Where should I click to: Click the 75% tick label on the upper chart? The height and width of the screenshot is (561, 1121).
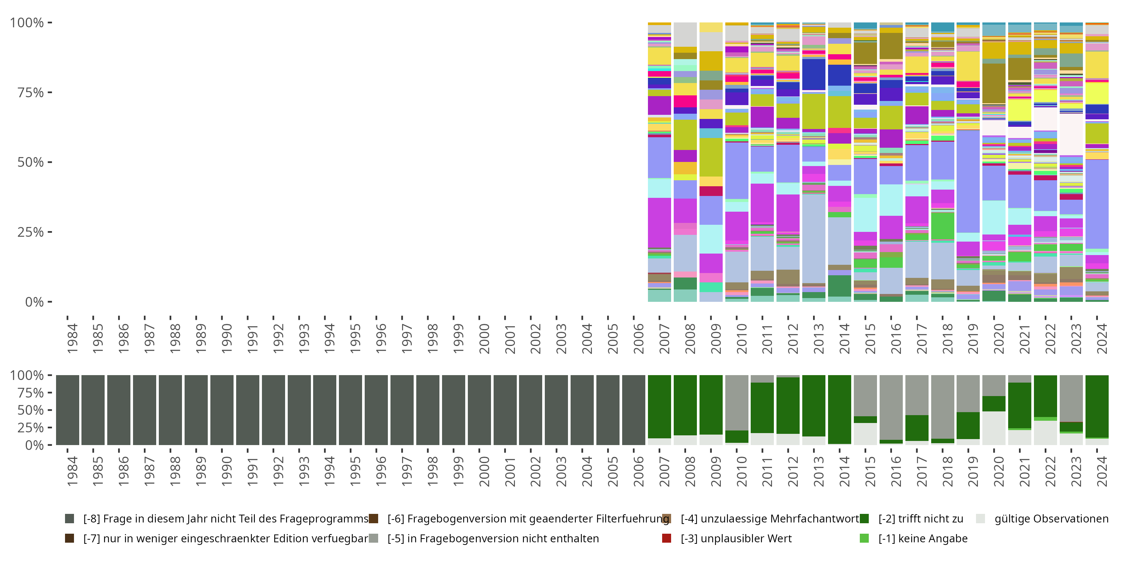(30, 92)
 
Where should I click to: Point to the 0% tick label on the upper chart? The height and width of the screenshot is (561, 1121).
(34, 302)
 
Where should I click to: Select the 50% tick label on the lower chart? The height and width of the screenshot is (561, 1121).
(30, 410)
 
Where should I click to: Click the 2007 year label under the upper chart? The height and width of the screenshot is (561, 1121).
(664, 338)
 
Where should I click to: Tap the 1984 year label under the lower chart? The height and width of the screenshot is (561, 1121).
(72, 471)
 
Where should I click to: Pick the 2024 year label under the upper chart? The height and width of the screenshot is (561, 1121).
(1102, 338)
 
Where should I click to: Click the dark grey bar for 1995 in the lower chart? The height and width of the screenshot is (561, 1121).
(350, 410)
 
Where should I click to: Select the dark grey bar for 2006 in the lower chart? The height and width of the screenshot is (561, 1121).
(634, 410)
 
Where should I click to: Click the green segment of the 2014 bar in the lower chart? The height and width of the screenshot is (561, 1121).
(840, 410)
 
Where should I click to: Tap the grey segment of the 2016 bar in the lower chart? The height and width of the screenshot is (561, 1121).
(891, 407)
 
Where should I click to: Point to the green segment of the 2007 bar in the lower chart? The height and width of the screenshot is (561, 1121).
(659, 407)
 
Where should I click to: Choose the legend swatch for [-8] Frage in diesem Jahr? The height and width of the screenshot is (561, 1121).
(69, 518)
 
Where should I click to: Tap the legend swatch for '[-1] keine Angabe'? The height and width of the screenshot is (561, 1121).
(864, 538)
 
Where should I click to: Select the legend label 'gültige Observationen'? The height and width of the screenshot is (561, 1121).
(1051, 518)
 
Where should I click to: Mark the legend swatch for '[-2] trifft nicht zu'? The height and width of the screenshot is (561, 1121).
(864, 518)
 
